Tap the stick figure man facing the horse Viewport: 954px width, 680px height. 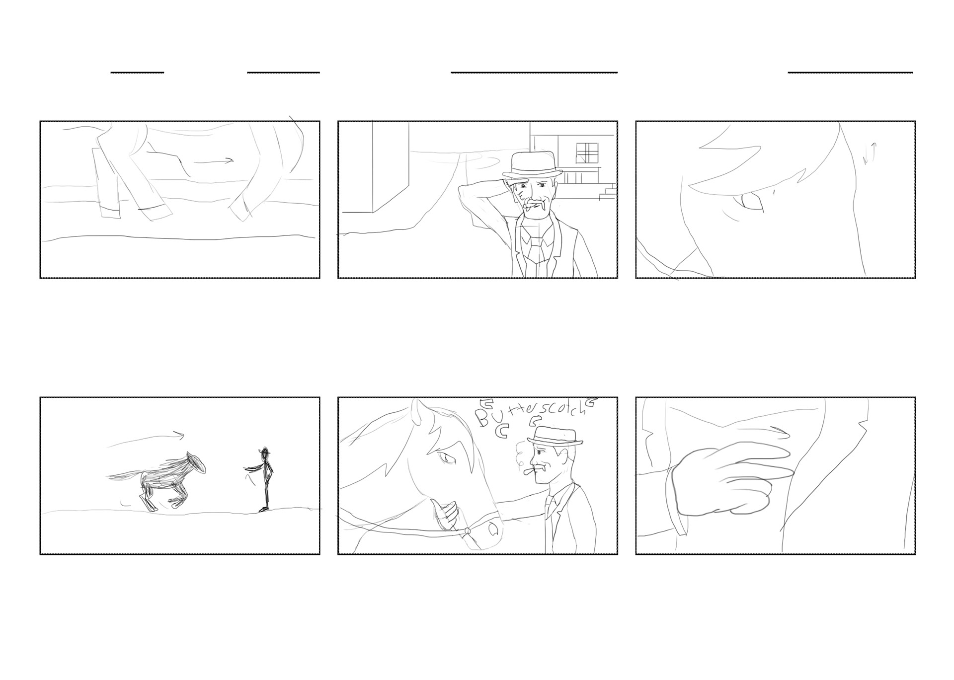pos(263,479)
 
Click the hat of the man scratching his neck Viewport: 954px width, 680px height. pos(532,165)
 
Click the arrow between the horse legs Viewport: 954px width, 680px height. pos(213,161)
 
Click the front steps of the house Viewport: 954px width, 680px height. pos(607,192)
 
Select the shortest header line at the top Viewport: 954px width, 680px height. pos(137,73)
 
